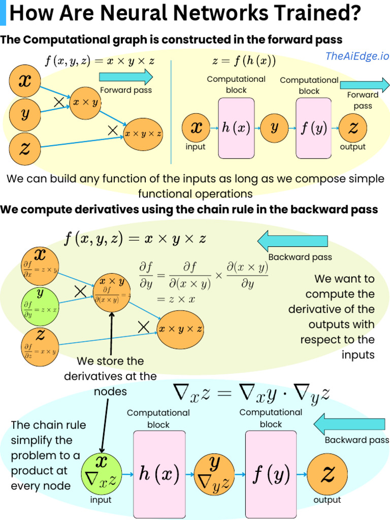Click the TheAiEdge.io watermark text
pyautogui.click(x=357, y=56)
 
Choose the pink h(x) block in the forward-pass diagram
pyautogui.click(x=236, y=128)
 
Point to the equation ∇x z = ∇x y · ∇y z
pyautogui.click(x=251, y=392)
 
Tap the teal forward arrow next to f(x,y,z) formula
pyautogui.click(x=126, y=77)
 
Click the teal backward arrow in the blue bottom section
pyautogui.click(x=349, y=424)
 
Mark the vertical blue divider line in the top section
pyautogui.click(x=171, y=112)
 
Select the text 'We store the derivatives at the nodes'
pyautogui.click(x=110, y=376)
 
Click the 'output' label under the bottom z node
pyautogui.click(x=327, y=500)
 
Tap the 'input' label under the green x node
pyautogui.click(x=101, y=500)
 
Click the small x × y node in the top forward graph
pyautogui.click(x=85, y=103)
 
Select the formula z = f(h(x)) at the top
pyautogui.click(x=244, y=61)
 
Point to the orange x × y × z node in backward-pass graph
pyautogui.click(x=180, y=329)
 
